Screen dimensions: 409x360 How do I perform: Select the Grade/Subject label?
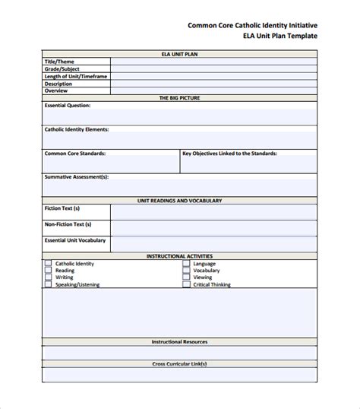pos(62,68)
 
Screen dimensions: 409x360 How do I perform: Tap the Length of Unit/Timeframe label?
pos(75,76)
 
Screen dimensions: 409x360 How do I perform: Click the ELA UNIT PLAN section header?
pos(179,53)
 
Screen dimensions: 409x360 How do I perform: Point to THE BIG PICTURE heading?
pos(179,98)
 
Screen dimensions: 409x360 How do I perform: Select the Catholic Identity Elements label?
pos(77,129)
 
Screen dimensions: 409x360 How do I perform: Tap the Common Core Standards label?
pos(75,153)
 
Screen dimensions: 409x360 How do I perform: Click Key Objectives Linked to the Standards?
pos(230,153)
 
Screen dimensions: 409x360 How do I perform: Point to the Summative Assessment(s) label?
pos(77,176)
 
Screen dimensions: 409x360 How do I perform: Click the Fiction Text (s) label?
pos(62,208)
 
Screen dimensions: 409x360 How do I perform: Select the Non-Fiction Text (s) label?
pos(68,224)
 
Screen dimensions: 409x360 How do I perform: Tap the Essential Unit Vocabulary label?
pos(75,240)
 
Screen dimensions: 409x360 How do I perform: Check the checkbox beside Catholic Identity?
pos(48,264)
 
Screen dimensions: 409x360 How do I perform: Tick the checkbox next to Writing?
pos(48,277)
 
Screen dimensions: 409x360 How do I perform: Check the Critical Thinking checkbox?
pos(186,284)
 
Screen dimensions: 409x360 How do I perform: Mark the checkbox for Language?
pos(186,264)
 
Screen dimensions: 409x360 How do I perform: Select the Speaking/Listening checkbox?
pos(48,284)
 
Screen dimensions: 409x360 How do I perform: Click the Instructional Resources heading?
pos(179,342)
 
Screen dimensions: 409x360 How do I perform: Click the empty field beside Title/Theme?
pos(213,61)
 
